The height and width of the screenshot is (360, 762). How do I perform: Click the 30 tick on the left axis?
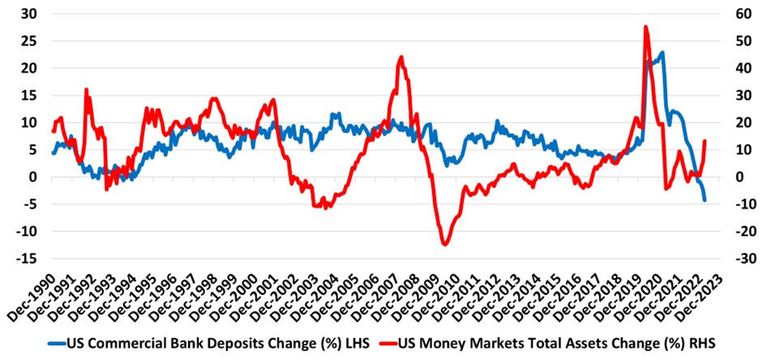click(28, 14)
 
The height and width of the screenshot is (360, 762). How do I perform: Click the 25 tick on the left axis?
click(28, 41)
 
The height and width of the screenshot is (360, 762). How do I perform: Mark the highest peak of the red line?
click(645, 27)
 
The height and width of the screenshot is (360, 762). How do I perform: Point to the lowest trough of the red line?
click(444, 244)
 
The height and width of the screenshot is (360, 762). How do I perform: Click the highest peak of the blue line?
click(663, 53)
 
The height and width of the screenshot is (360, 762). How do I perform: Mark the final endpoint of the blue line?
click(704, 200)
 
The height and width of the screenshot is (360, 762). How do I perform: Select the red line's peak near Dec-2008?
click(401, 57)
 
